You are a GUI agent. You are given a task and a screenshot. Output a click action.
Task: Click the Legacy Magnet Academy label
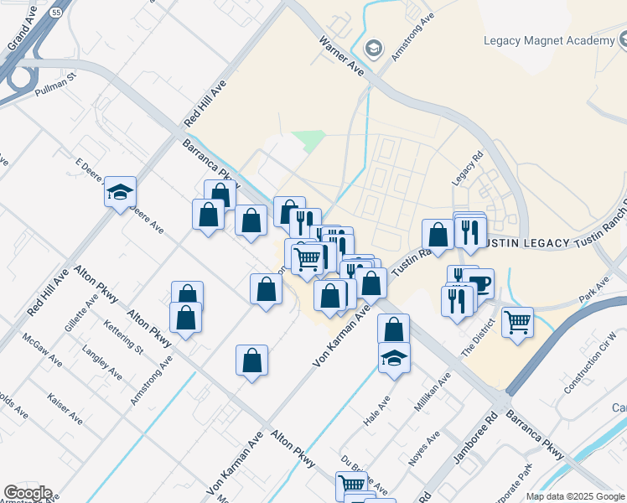coord(549,41)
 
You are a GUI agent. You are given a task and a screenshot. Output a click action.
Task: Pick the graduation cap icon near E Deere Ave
coord(120,192)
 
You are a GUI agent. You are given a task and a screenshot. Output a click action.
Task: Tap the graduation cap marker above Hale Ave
coord(394,358)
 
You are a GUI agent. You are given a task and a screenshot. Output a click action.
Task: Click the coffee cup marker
coord(479,283)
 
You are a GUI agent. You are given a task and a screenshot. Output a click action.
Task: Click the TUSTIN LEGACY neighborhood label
coord(524,243)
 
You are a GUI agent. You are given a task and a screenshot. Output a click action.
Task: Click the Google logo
coord(28,493)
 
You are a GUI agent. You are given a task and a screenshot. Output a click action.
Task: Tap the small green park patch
coord(308,141)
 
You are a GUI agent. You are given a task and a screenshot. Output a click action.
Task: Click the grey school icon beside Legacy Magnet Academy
coord(374,50)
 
